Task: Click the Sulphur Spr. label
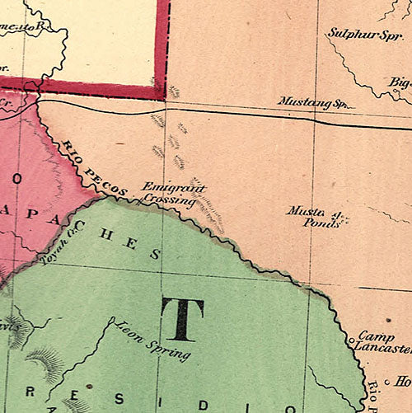(358, 34)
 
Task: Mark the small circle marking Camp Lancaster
(350, 338)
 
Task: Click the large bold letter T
(182, 320)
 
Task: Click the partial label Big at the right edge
(400, 82)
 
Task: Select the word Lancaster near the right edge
(385, 350)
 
